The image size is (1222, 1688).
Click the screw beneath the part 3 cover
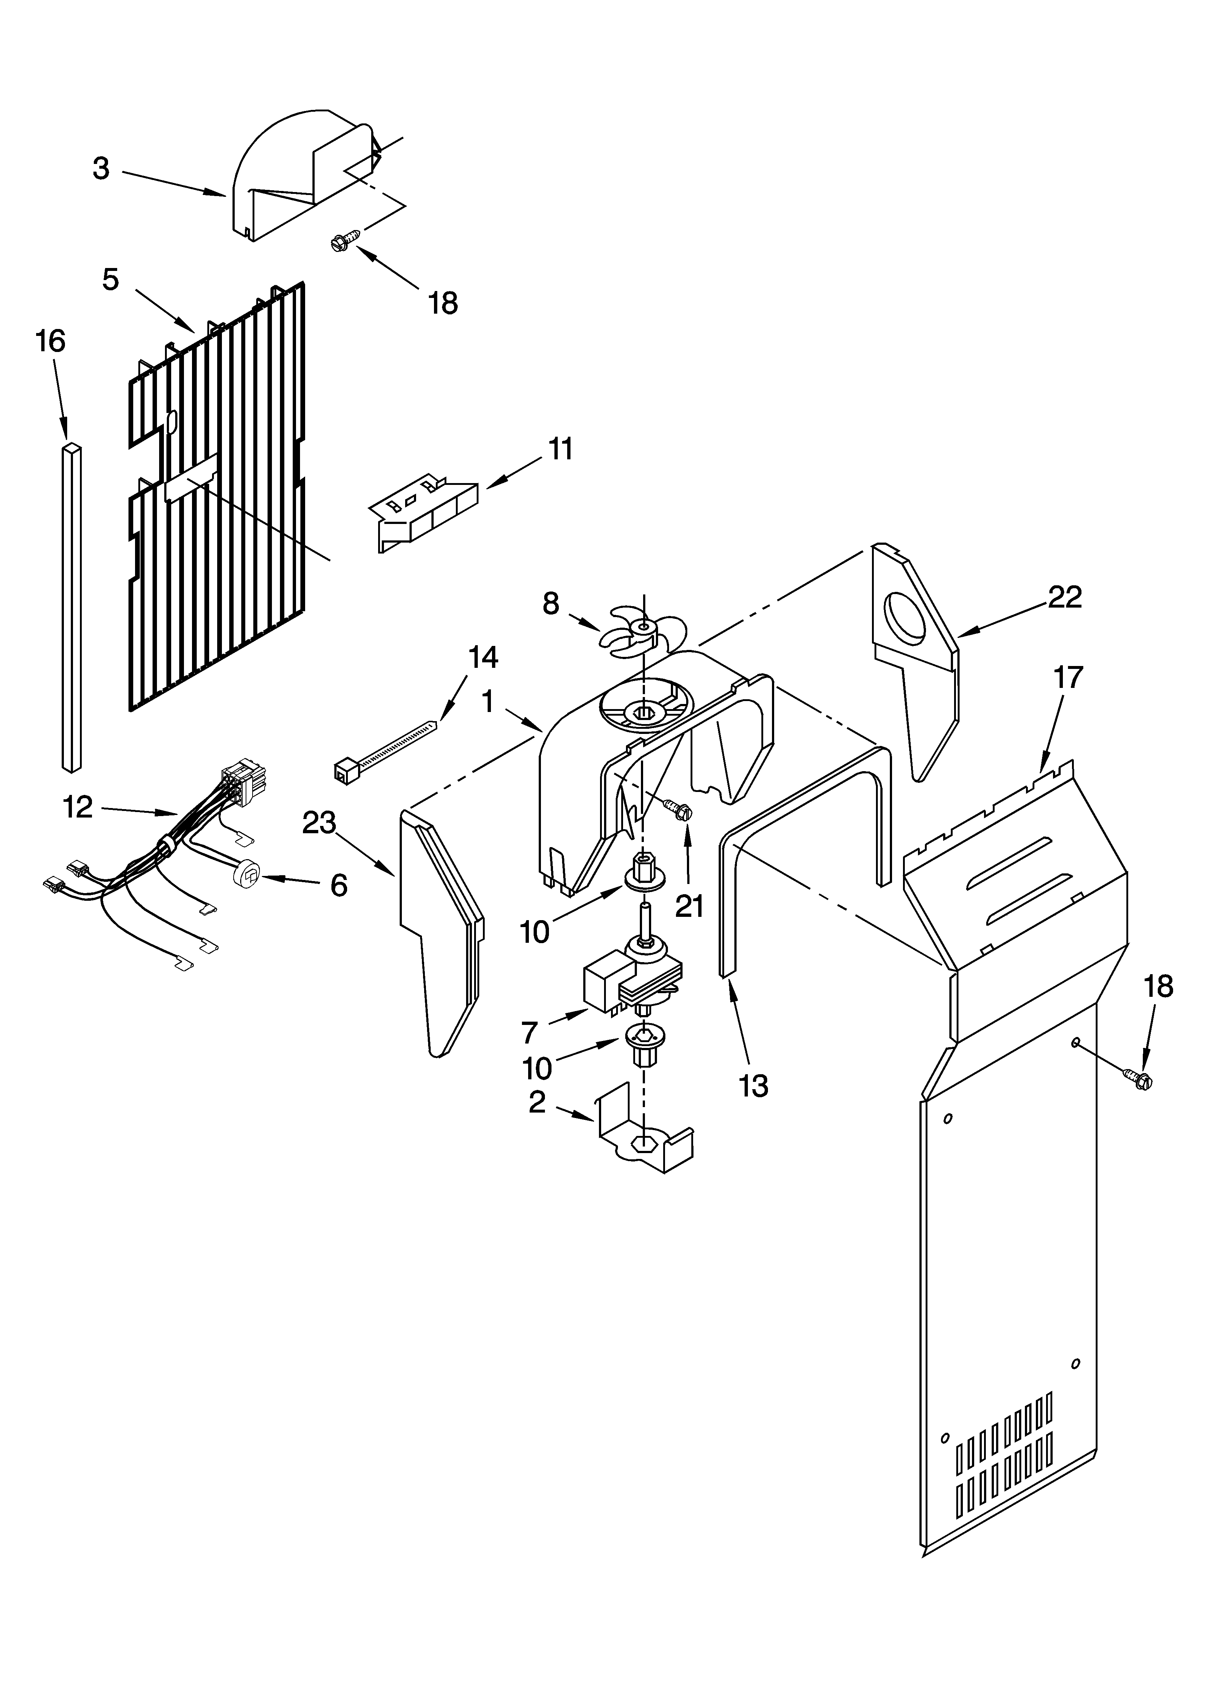(346, 240)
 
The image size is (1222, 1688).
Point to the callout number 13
(753, 1086)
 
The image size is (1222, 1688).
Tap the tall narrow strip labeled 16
(72, 606)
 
